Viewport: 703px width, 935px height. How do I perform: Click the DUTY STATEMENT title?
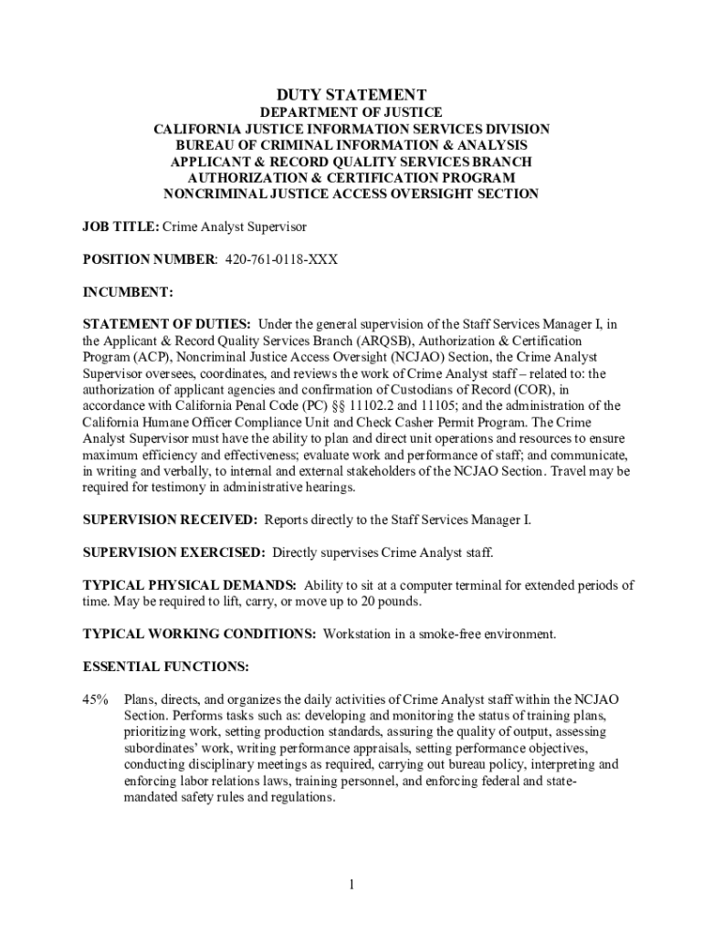(x=351, y=95)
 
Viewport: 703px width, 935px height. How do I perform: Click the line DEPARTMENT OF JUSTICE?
(x=351, y=112)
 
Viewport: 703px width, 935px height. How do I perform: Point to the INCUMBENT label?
(x=127, y=292)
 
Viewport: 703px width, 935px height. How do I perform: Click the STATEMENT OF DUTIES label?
(x=167, y=324)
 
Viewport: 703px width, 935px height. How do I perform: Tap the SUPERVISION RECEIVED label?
(x=170, y=520)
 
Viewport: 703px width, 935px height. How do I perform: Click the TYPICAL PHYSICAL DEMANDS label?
(x=189, y=585)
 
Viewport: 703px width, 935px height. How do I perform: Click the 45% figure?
(x=96, y=699)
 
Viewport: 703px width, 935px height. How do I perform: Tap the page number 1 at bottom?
(x=351, y=885)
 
